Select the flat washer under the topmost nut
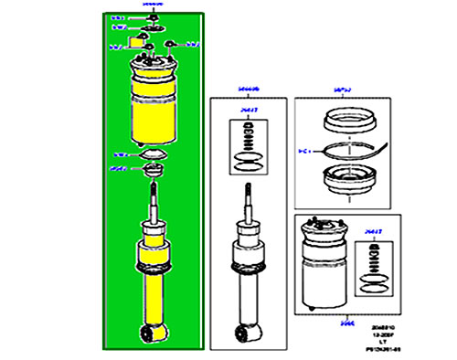(151, 28)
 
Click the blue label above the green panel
(150, 5)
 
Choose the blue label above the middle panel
(249, 89)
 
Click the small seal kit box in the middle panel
(248, 142)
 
